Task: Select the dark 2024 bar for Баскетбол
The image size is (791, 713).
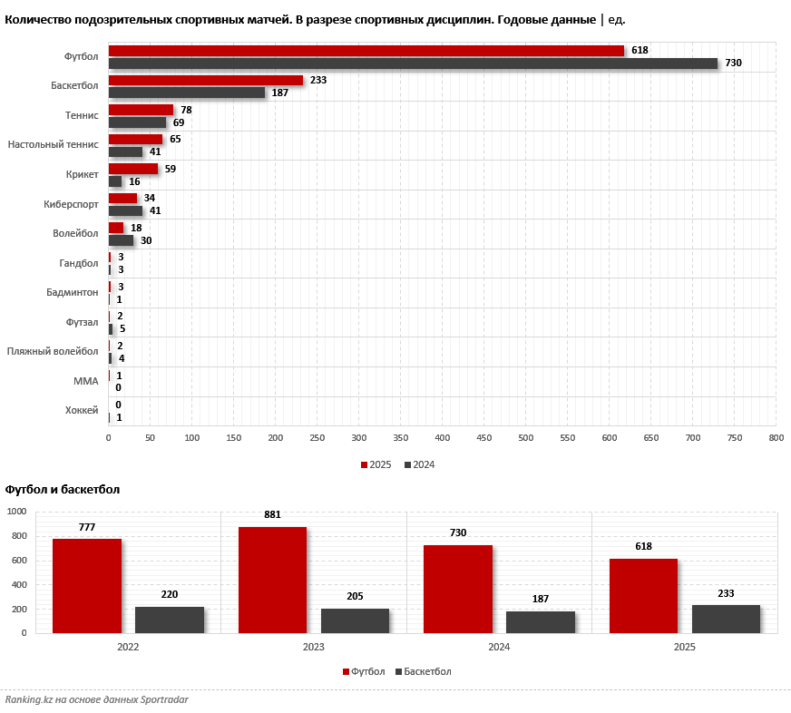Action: point(186,93)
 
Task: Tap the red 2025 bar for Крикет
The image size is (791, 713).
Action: point(132,169)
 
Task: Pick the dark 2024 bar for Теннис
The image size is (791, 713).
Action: point(137,122)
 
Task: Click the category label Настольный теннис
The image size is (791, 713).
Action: point(54,145)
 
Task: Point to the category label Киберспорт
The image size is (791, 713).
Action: point(70,204)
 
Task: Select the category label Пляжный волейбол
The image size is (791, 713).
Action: point(53,351)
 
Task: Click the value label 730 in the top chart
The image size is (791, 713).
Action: point(733,63)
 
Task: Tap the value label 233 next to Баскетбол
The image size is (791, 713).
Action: point(317,80)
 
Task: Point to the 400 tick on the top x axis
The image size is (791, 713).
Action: point(442,438)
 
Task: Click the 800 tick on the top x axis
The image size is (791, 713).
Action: point(776,438)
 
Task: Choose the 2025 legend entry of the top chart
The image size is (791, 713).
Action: point(376,464)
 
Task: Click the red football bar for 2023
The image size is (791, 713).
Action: point(272,580)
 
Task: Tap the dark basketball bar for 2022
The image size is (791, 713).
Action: point(170,620)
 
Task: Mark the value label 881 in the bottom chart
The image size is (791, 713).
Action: point(272,514)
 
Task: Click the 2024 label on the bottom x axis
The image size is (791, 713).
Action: point(499,648)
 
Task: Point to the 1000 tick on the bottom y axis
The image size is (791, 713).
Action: point(17,512)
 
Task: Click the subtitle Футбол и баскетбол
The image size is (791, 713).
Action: point(63,490)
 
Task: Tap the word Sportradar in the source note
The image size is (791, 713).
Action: point(160,699)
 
